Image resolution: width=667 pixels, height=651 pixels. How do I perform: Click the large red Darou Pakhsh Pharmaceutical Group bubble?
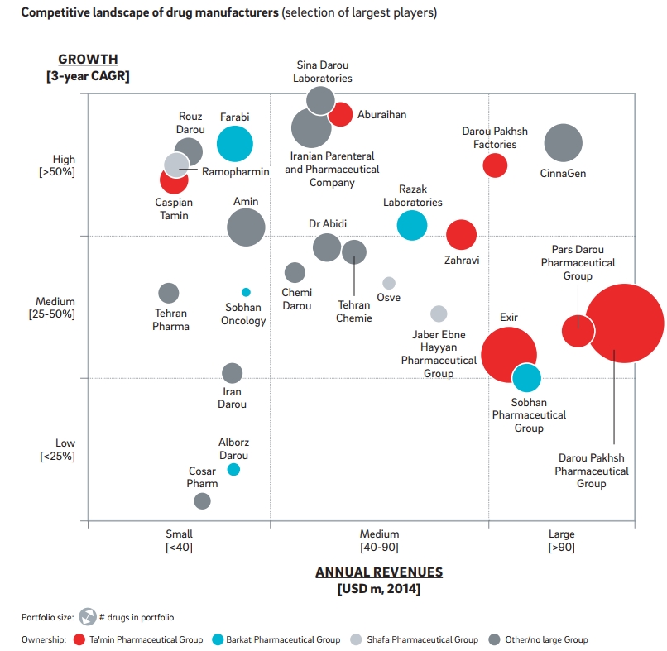tap(624, 323)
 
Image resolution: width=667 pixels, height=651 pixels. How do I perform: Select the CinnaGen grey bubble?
tap(564, 144)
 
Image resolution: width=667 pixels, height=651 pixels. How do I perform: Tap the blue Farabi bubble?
tap(234, 144)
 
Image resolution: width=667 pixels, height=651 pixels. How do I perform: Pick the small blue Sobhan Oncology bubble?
tap(246, 292)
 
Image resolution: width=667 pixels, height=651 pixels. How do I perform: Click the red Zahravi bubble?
tap(461, 235)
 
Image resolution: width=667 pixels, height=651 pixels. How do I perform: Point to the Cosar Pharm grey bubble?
tap(202, 500)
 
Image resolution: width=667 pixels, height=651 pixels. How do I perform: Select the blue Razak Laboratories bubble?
tap(411, 224)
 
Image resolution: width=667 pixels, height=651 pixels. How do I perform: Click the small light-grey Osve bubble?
tap(389, 283)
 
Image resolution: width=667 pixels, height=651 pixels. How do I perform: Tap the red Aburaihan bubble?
tap(340, 115)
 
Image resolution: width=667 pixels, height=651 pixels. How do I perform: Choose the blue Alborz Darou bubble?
tap(233, 469)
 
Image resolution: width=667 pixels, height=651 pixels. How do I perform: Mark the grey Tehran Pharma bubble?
tap(169, 293)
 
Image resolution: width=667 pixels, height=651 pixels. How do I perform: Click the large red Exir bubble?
tap(509, 355)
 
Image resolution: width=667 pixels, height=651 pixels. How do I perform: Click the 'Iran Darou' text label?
tap(233, 398)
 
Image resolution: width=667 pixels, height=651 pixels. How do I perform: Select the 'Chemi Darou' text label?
tap(296, 299)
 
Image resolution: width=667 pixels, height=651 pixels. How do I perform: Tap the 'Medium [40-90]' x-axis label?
tap(379, 540)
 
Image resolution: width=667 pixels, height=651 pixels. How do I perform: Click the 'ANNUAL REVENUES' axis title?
tap(379, 572)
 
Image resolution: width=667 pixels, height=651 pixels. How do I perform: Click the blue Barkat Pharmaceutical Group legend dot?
tap(218, 639)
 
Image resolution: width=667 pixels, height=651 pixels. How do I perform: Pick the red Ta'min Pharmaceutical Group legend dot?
tap(79, 639)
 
